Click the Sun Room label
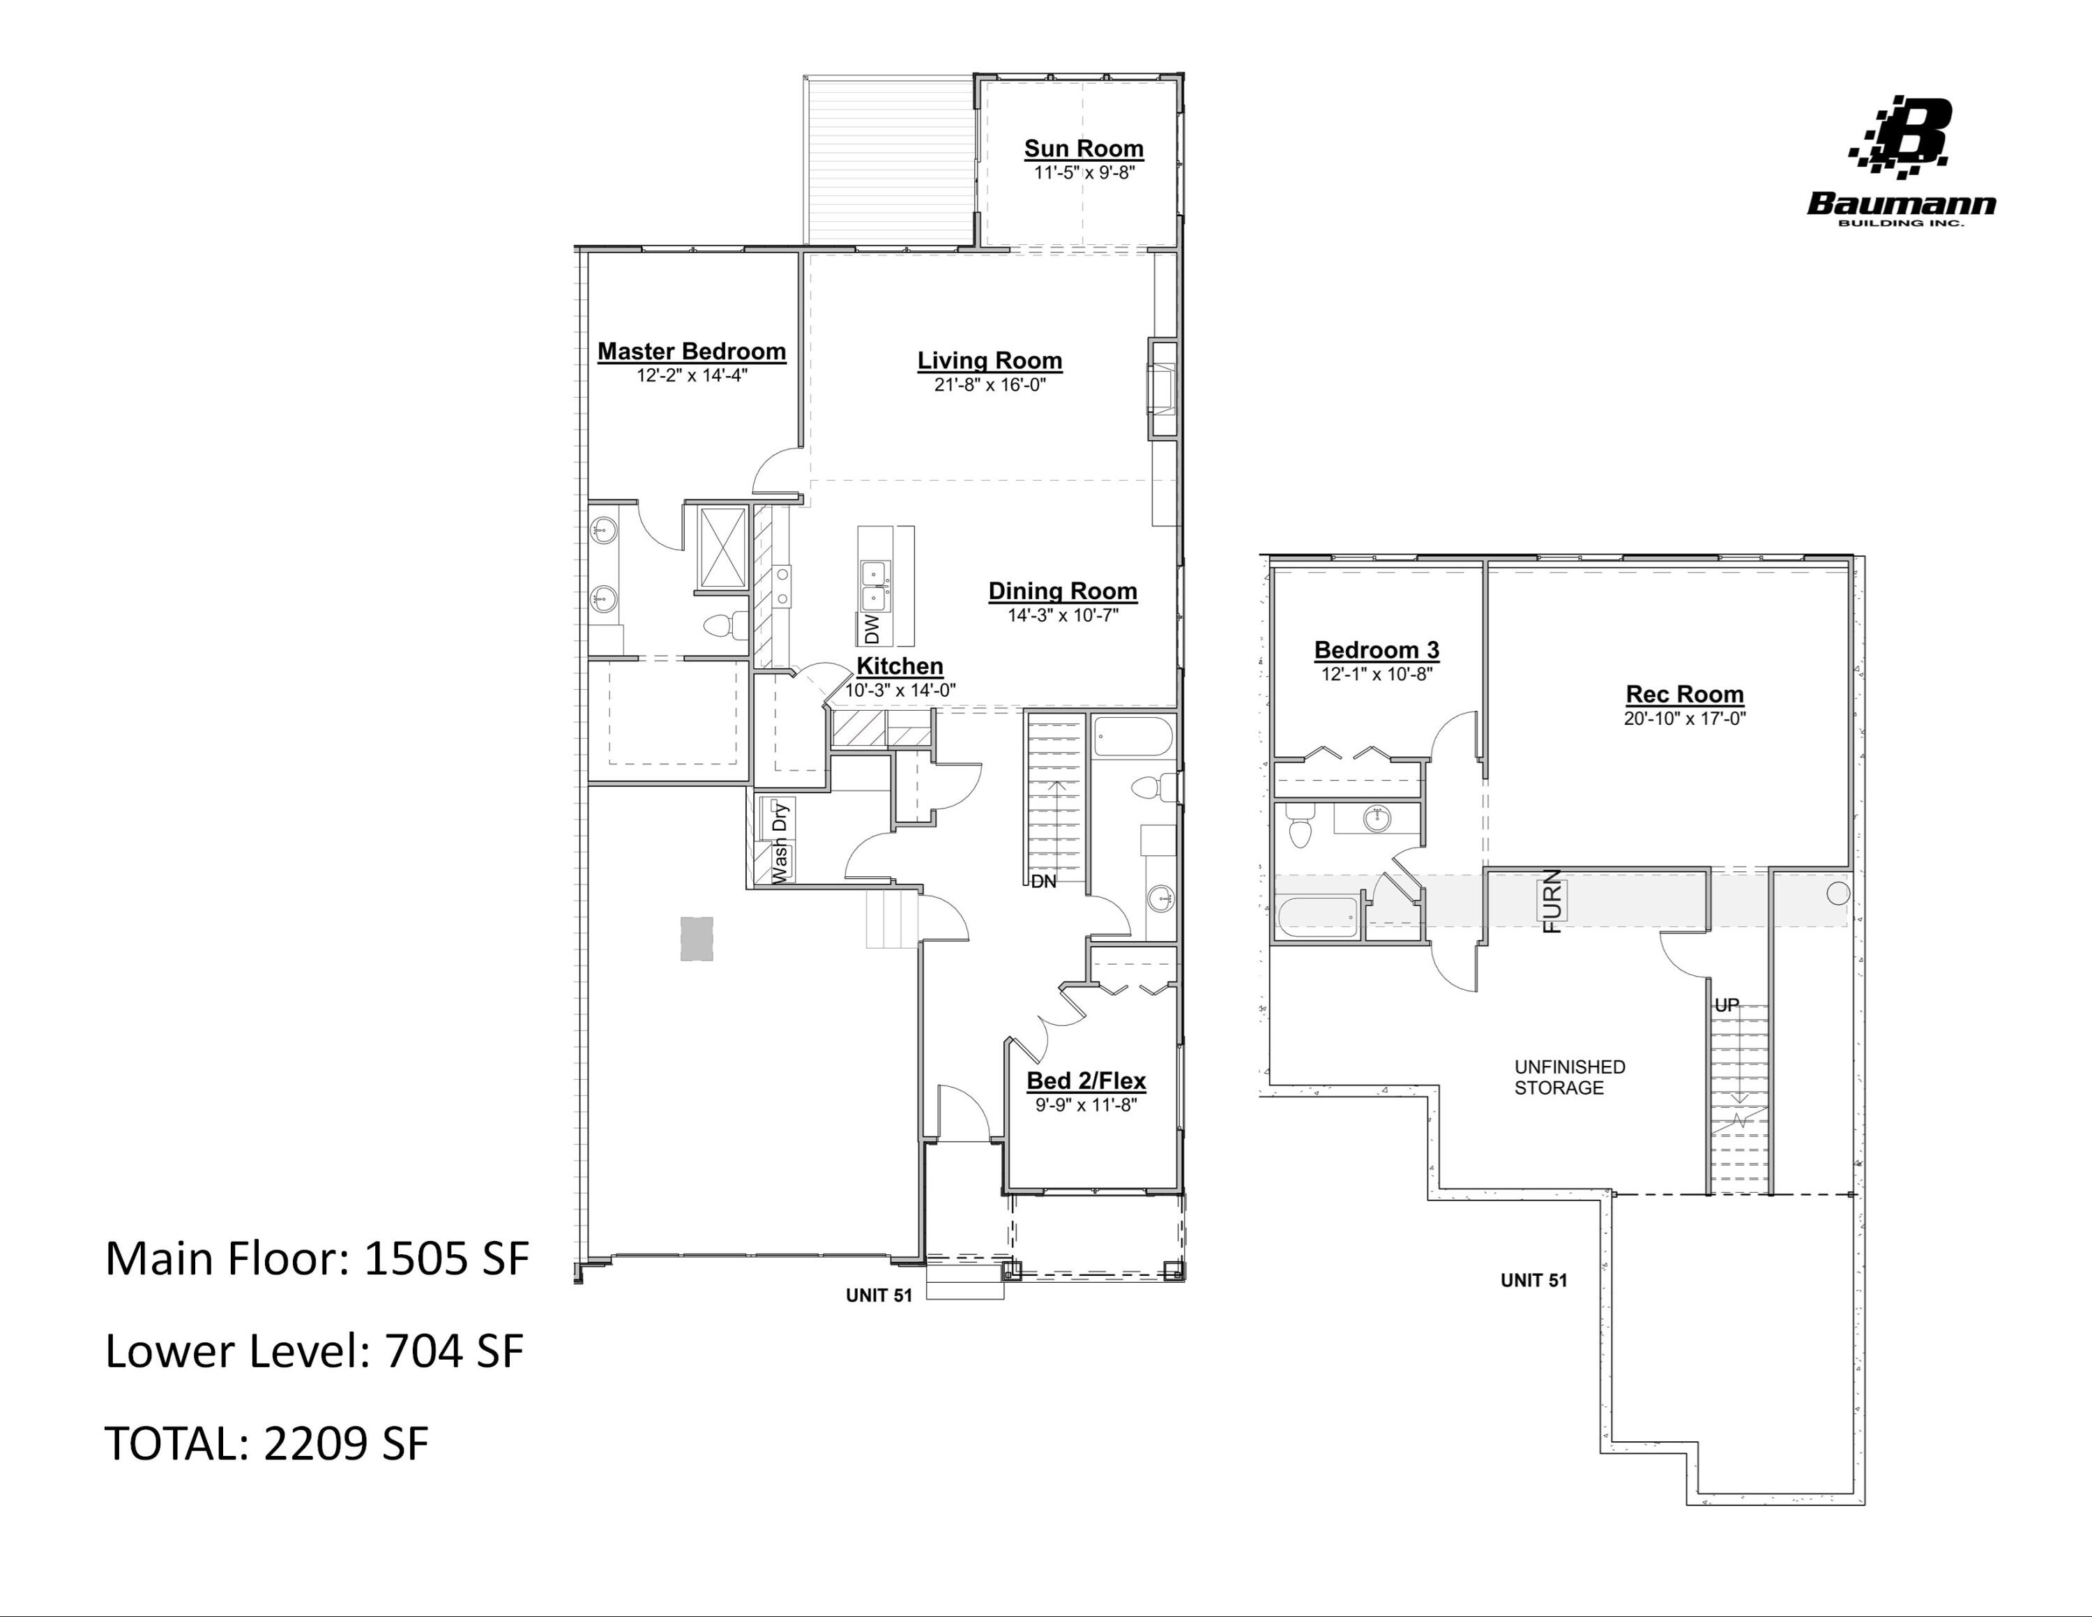click(x=1084, y=149)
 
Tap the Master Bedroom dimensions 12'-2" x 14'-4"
click(x=692, y=375)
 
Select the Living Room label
click(x=990, y=361)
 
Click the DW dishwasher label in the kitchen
click(x=872, y=629)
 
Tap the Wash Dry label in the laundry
click(x=781, y=843)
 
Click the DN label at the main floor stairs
click(x=1043, y=881)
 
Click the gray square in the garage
click(x=697, y=939)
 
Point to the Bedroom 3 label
click(x=1377, y=650)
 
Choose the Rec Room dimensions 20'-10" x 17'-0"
click(x=1684, y=719)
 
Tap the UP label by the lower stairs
click(x=1726, y=1006)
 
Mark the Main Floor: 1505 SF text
click(x=316, y=1258)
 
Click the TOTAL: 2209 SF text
click(x=266, y=1443)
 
